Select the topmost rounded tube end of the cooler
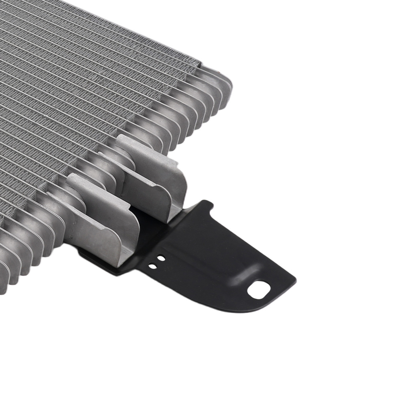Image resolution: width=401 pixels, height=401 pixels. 225,86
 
